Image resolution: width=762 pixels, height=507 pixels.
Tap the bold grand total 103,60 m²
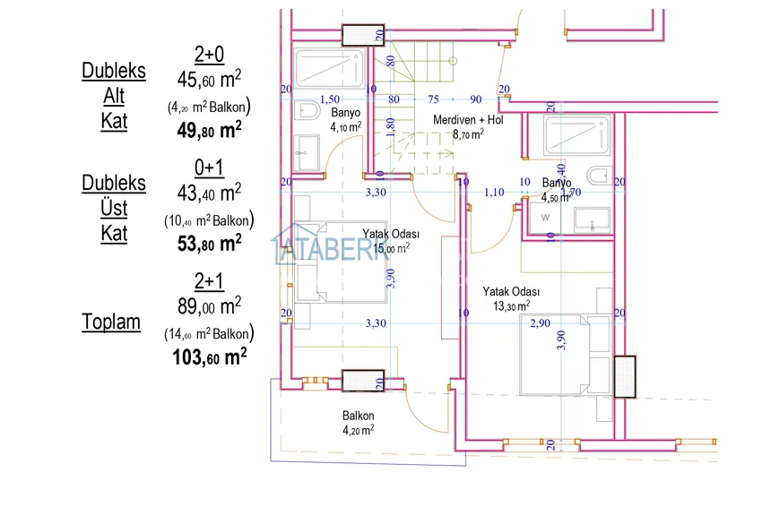(209, 357)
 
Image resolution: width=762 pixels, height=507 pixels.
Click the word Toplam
(111, 322)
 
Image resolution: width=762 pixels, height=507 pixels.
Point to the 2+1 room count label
(209, 280)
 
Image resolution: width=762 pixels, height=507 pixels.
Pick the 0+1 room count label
(209, 168)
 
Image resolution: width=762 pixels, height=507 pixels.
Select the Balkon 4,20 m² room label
(358, 422)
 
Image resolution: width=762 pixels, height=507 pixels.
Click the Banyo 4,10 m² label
(345, 120)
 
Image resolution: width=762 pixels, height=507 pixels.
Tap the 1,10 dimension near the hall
(494, 192)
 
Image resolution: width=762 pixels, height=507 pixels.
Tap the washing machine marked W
(544, 218)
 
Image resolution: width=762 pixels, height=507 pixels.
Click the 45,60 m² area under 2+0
(209, 80)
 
